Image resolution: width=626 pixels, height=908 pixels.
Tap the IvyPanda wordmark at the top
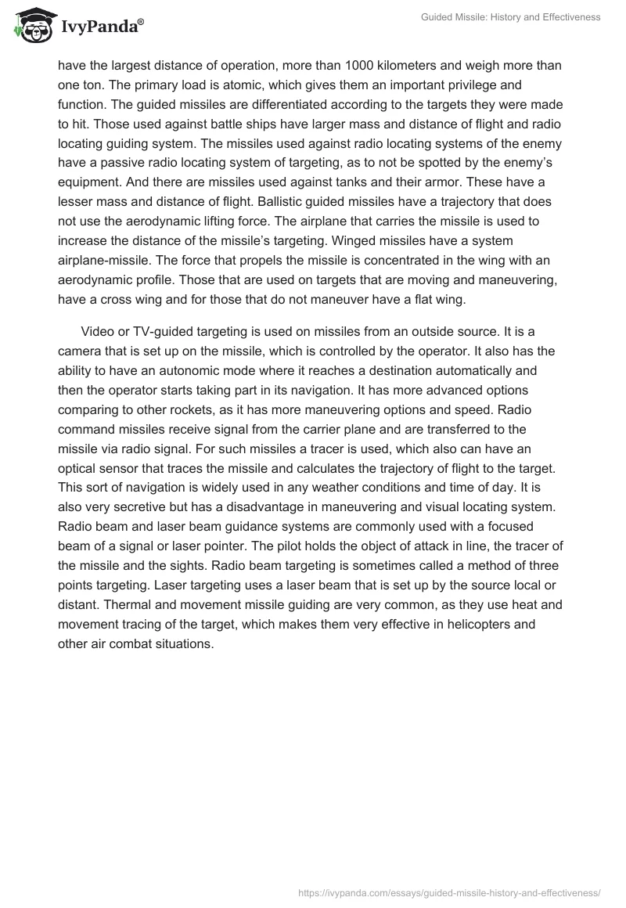pos(102,27)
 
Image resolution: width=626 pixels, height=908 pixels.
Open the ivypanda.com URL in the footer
pos(449,892)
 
